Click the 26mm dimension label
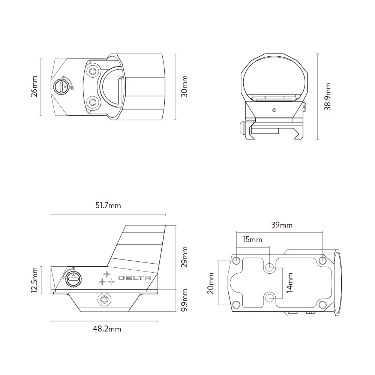pyautogui.click(x=34, y=87)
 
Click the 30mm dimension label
pyautogui.click(x=184, y=87)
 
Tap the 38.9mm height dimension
pyautogui.click(x=328, y=96)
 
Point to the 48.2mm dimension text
pyautogui.click(x=107, y=329)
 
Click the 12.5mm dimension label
pyautogui.click(x=34, y=280)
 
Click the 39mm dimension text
pyautogui.click(x=282, y=225)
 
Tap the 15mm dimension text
pyautogui.click(x=252, y=240)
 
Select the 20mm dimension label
pyautogui.click(x=211, y=283)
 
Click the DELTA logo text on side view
pyautogui.click(x=135, y=278)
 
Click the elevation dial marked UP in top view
pyautogui.click(x=60, y=87)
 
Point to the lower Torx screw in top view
pyautogui.click(x=92, y=101)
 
